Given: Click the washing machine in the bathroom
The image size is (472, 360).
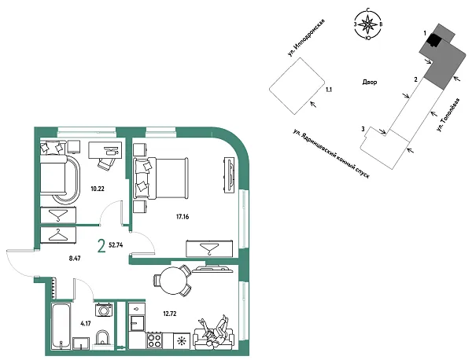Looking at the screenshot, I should click(104, 310).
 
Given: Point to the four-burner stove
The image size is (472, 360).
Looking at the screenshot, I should click(156, 341).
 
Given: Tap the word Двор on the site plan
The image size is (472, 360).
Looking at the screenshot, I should click(371, 82).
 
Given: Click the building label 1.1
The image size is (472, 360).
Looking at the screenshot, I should click(329, 90).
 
